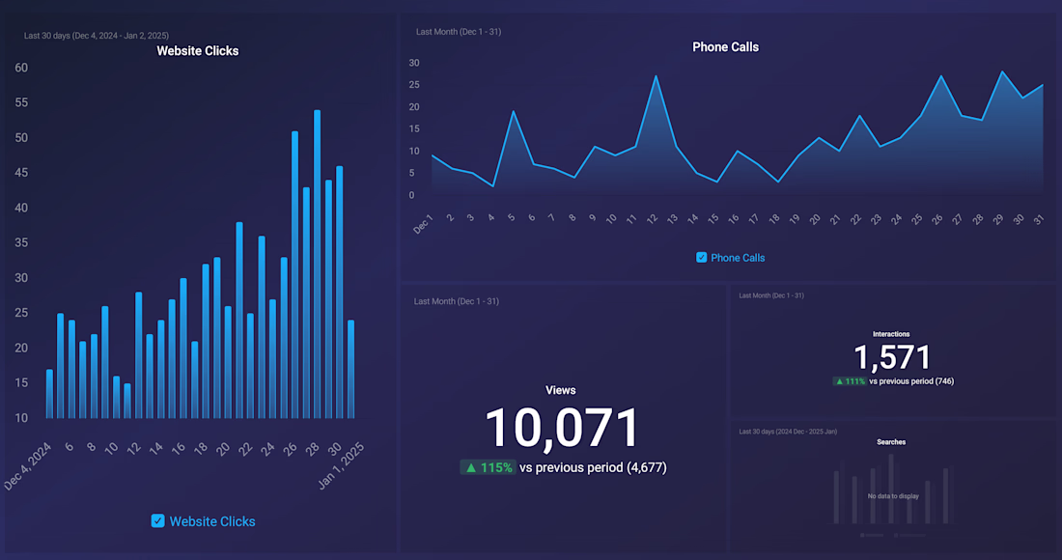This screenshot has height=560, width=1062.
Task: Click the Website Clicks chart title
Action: (198, 51)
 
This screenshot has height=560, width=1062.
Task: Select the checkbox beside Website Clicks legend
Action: (158, 521)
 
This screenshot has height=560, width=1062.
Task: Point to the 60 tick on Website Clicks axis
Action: (21, 68)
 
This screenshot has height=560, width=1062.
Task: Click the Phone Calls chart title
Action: (725, 46)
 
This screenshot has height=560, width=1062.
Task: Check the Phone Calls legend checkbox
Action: (702, 258)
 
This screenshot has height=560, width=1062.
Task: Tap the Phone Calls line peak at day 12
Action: (657, 76)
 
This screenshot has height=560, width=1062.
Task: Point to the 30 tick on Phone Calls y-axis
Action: (414, 63)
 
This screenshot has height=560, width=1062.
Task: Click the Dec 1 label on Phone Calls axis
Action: (423, 224)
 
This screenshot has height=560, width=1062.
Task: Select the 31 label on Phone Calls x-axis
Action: (1039, 220)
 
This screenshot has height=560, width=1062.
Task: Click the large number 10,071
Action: (562, 428)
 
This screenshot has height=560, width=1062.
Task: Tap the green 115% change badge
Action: (488, 467)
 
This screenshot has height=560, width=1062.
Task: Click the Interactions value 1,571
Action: (892, 357)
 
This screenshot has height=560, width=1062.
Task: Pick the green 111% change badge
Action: (850, 381)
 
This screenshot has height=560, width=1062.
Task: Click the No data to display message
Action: (893, 496)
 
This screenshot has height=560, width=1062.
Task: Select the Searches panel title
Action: (891, 442)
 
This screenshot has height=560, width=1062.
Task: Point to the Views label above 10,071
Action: (561, 390)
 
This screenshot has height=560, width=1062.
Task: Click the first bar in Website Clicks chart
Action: (49, 394)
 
